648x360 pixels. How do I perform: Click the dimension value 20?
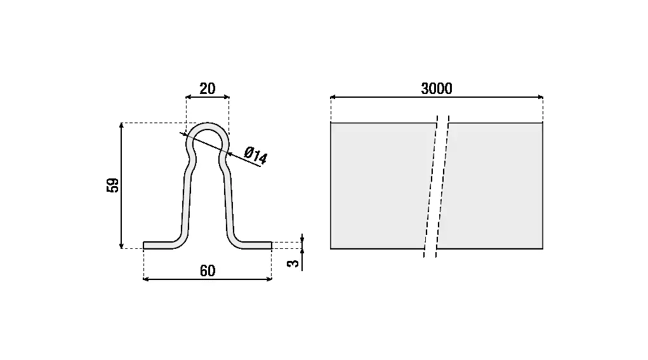pyautogui.click(x=208, y=88)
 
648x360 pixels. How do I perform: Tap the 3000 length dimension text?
pyautogui.click(x=437, y=88)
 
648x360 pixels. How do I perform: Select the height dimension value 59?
pyautogui.click(x=112, y=185)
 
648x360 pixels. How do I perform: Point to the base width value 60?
pyautogui.click(x=208, y=270)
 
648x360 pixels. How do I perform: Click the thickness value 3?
pyautogui.click(x=293, y=263)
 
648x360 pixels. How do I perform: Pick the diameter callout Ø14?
pyautogui.click(x=256, y=155)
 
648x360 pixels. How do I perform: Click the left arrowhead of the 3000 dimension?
pyautogui.click(x=333, y=97)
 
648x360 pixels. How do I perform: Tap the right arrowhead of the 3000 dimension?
pyautogui.click(x=540, y=97)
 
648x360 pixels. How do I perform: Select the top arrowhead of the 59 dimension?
pyautogui.click(x=121, y=126)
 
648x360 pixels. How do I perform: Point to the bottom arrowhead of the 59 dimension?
pyautogui.click(x=121, y=246)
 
